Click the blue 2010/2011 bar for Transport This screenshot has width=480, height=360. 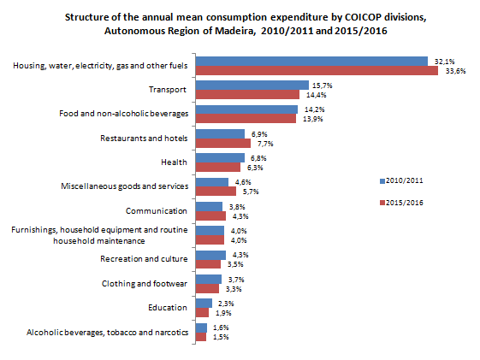pyautogui.click(x=252, y=85)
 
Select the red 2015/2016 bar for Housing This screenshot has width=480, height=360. pyautogui.click(x=317, y=71)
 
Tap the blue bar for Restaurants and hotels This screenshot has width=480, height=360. pyautogui.click(x=220, y=133)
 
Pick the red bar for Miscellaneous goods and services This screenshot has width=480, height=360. pyautogui.click(x=216, y=192)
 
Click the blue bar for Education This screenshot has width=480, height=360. pyautogui.click(x=204, y=303)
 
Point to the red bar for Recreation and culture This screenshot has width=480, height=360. pyautogui.click(x=208, y=264)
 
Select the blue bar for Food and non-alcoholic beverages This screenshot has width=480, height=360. pyautogui.click(x=246, y=109)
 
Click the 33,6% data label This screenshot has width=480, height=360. pyautogui.click(x=455, y=71)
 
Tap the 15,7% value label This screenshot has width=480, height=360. pyautogui.click(x=322, y=86)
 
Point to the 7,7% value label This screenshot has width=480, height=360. pyautogui.click(x=265, y=144)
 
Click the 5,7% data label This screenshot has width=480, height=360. pyautogui.click(x=251, y=192)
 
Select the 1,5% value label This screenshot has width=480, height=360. pyautogui.click(x=221, y=337)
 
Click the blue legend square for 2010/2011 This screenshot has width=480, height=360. pyautogui.click(x=382, y=181)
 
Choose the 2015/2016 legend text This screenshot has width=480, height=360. pyautogui.click(x=405, y=203)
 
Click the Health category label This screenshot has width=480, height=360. pyautogui.click(x=174, y=162)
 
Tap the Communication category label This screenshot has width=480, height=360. pyautogui.click(x=157, y=211)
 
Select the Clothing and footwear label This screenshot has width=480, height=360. pyautogui.click(x=145, y=284)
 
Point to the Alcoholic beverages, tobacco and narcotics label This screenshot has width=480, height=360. pyautogui.click(x=108, y=333)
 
